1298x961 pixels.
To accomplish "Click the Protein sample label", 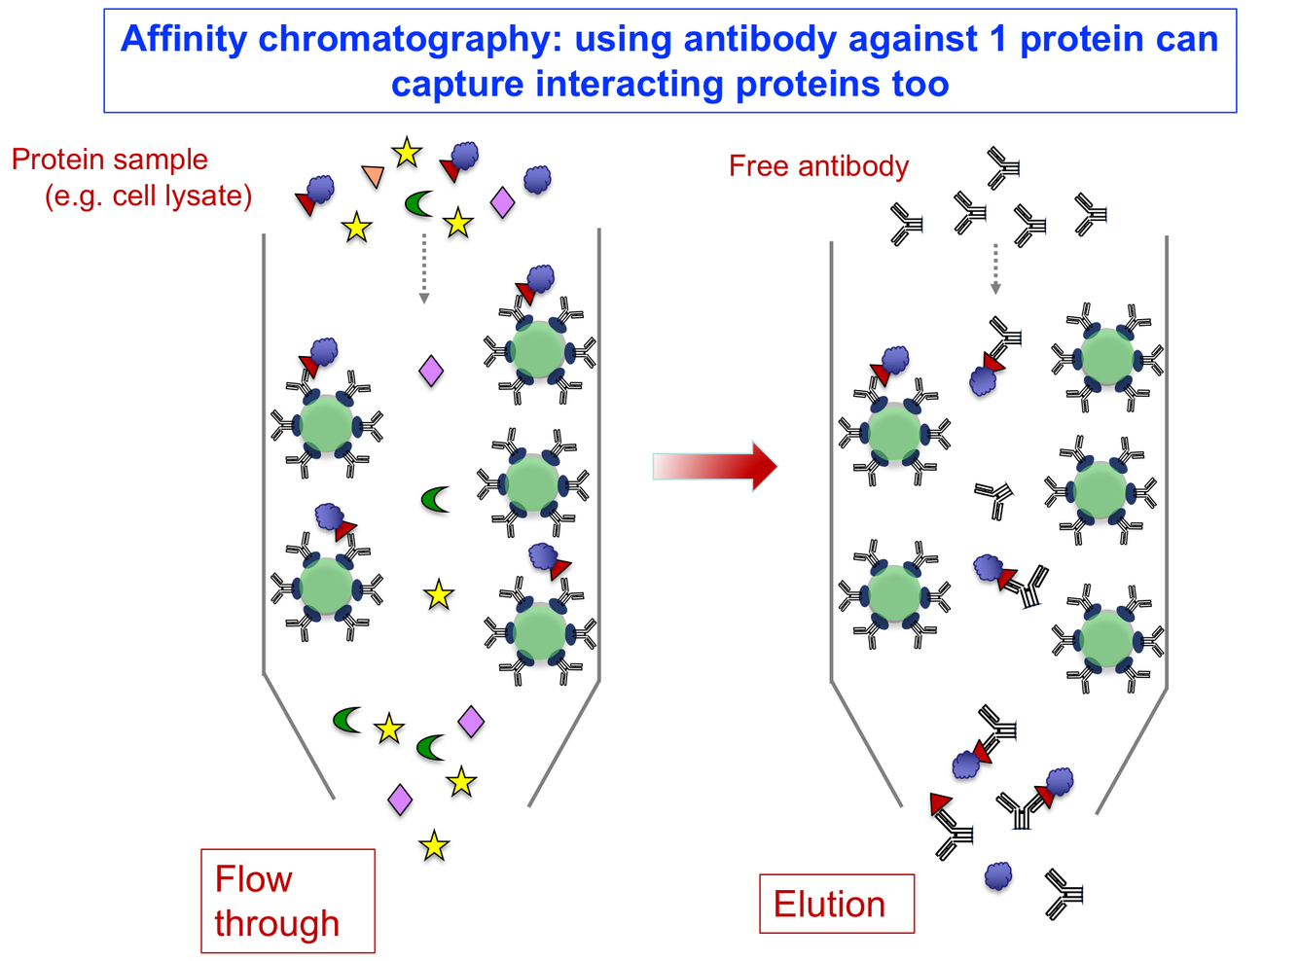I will pos(110,160).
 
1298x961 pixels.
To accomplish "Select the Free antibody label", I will pos(818,166).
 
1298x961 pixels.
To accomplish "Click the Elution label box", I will pos(836,904).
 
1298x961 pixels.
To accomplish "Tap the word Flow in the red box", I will pos(253,879).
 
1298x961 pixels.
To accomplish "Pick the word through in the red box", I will pos(277,923).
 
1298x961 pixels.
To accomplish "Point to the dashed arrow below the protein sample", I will pos(423,267).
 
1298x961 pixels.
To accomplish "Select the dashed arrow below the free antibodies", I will pos(994,267).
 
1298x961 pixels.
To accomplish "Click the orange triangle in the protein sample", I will pos(373,176).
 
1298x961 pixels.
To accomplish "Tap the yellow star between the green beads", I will pos(439,594).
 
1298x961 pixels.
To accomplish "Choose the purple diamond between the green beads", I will pos(431,371).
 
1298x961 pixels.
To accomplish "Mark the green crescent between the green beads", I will pos(435,500).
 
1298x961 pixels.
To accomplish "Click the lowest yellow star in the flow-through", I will pos(434,846).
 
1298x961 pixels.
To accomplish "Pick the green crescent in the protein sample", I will pos(418,203).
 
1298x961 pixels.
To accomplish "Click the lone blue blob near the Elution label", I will pos(998,876).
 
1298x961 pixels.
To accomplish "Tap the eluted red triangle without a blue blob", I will pos(940,803).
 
